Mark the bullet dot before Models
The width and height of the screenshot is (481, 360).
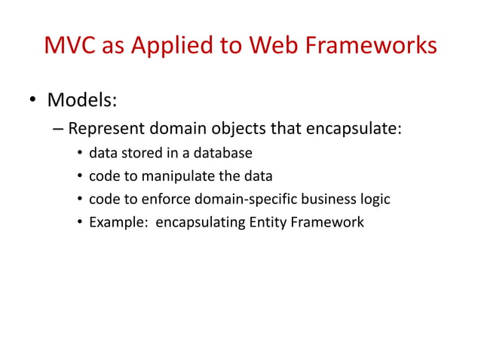coord(32,101)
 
